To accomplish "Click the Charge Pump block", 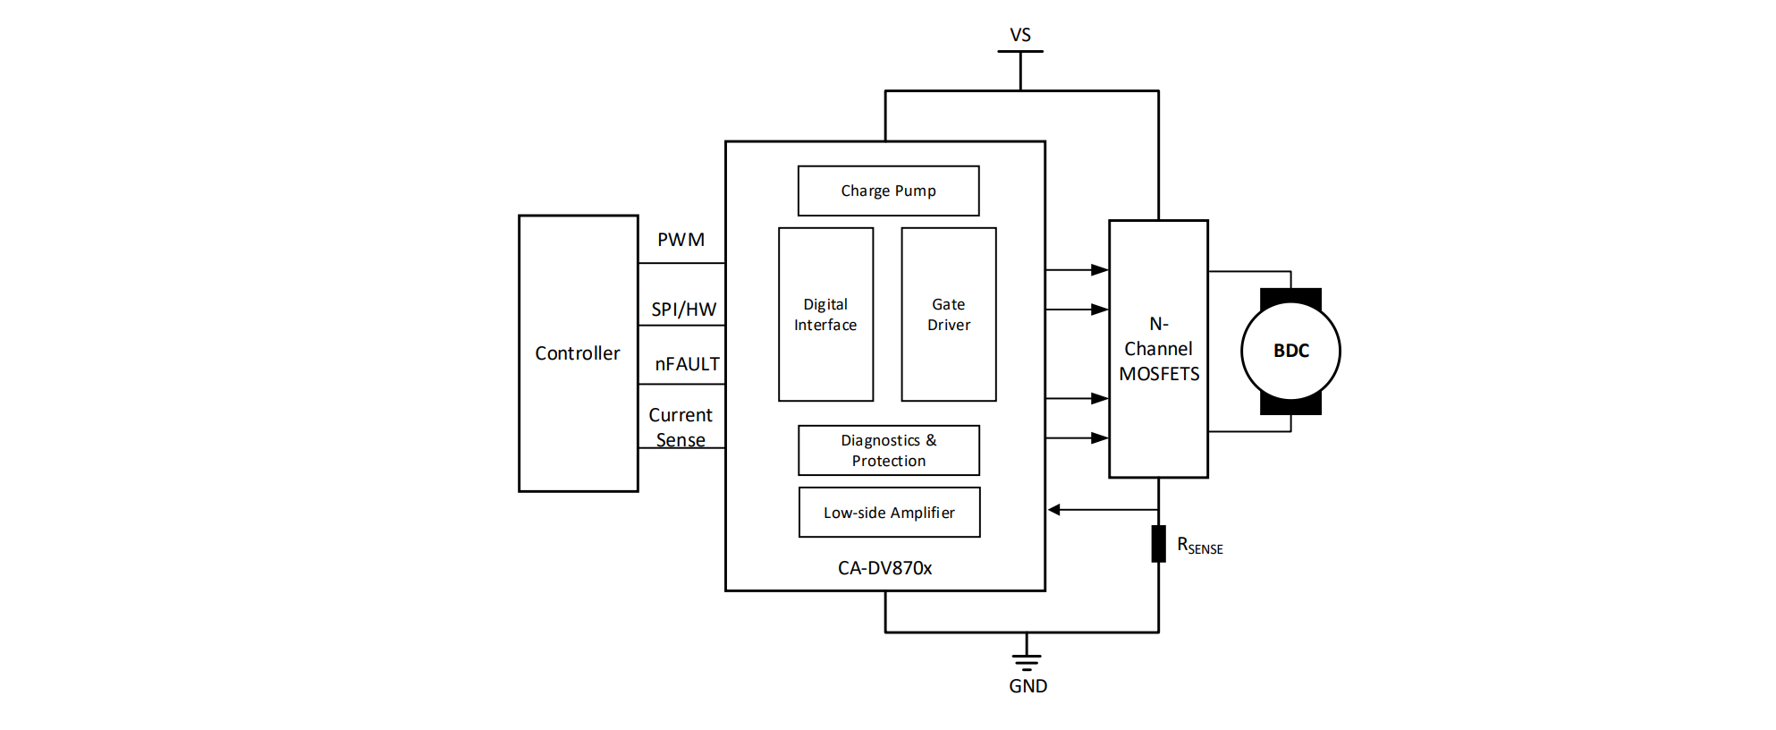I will (x=888, y=191).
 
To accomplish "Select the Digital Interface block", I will (x=825, y=314).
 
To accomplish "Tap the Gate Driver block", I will (x=948, y=314).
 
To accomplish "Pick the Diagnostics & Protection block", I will (x=888, y=450).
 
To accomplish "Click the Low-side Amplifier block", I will (x=889, y=513).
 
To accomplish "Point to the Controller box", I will (x=578, y=353).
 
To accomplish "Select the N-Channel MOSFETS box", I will (x=1158, y=349).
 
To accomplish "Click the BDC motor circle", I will (x=1290, y=351).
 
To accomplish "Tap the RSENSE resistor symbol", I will (x=1158, y=544).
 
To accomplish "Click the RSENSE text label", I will (x=1199, y=546).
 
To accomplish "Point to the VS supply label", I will (x=1020, y=35).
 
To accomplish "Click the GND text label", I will (x=1028, y=686).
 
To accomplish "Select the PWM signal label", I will (x=681, y=240).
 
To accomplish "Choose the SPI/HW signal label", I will (x=683, y=310).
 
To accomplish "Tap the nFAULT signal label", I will (x=687, y=364).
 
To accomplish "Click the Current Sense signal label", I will (x=681, y=427).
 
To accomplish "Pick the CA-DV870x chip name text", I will (x=884, y=568).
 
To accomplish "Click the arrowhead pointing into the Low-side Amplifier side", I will (x=1054, y=510).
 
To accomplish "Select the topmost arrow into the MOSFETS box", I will (x=1099, y=269).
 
